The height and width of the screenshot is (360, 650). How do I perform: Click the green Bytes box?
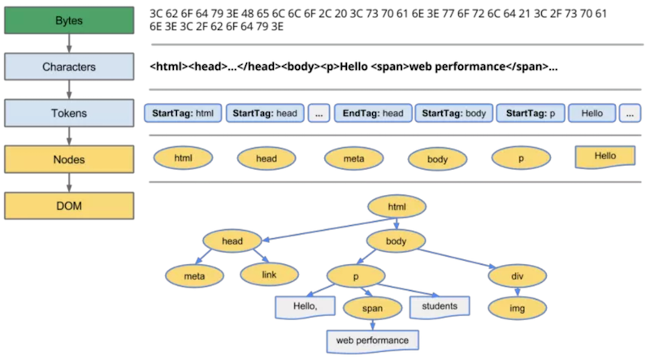69,20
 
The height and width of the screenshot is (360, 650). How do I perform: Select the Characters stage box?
69,67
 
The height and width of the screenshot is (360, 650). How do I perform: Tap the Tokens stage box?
69,113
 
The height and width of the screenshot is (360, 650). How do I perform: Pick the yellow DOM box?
69,206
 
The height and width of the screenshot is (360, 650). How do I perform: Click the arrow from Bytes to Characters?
69,44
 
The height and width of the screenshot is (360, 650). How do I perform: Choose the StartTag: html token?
183,113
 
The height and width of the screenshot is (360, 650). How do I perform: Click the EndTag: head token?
373,113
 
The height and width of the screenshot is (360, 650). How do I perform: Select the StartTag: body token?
454,113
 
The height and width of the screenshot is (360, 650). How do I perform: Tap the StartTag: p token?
531,113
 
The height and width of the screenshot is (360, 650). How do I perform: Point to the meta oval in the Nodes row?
354,158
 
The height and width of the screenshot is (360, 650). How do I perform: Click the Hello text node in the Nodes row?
605,157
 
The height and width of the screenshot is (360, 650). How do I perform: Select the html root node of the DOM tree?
396,206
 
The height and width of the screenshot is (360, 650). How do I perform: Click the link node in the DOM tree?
270,275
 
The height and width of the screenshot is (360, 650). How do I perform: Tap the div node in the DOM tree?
518,276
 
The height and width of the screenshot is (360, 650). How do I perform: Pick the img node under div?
518,308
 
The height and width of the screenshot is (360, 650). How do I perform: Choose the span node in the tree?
373,308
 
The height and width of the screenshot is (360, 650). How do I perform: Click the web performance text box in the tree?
373,341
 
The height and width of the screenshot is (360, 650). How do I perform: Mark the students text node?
440,307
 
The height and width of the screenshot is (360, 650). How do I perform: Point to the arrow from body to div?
457,258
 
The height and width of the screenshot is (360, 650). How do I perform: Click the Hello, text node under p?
305,307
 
